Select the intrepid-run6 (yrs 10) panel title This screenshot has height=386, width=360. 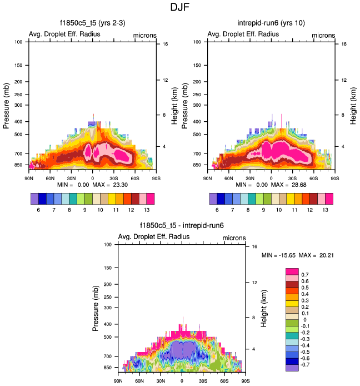(x=271, y=24)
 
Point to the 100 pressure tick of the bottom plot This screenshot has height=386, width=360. (x=108, y=245)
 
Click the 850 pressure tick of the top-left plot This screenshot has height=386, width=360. (x=19, y=165)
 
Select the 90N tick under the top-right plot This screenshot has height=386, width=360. (x=207, y=178)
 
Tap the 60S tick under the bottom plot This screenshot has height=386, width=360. (x=224, y=381)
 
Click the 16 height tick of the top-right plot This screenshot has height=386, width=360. (x=344, y=44)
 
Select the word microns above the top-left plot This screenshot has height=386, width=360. (x=144, y=35)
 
